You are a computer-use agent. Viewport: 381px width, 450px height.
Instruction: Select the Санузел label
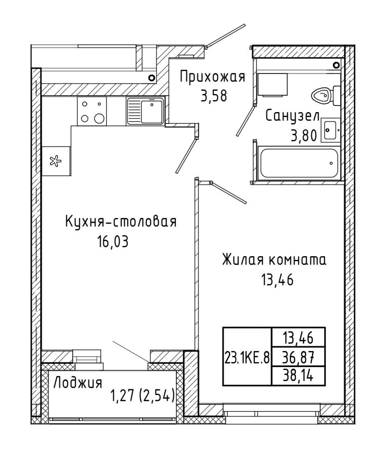click(292, 116)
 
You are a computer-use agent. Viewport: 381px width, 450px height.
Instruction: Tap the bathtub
click(299, 163)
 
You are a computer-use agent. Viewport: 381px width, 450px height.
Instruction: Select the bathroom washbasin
click(330, 130)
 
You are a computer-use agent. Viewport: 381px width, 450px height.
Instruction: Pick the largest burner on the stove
click(99, 118)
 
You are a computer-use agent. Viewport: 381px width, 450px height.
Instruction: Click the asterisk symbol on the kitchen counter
click(56, 161)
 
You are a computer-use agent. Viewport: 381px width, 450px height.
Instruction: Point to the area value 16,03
click(113, 242)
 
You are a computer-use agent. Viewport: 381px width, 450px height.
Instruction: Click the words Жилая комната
click(274, 260)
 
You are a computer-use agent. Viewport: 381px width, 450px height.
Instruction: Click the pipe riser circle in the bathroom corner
click(337, 65)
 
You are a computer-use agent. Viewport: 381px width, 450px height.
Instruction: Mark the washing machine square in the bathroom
click(272, 85)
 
